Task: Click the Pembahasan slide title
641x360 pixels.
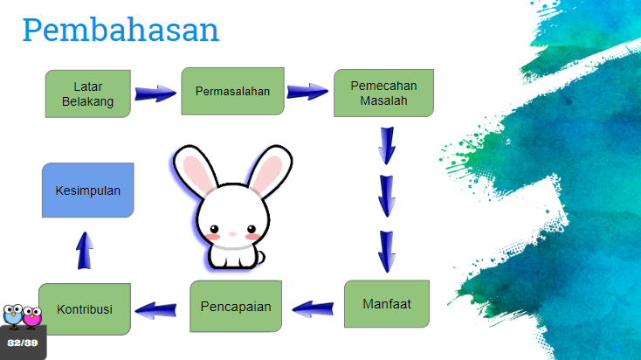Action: (121, 30)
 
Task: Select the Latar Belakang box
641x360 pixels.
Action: (88, 93)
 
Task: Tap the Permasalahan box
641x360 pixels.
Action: (232, 91)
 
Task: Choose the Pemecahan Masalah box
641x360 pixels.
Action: (383, 93)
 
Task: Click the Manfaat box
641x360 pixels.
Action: (387, 304)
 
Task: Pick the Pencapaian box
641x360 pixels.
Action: (236, 306)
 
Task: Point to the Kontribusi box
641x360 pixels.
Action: (85, 309)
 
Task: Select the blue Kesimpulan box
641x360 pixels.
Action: (88, 190)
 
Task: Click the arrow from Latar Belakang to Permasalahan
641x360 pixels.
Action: (155, 93)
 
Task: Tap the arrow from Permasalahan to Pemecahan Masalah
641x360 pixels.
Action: (307, 91)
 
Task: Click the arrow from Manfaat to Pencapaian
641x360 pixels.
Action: (314, 308)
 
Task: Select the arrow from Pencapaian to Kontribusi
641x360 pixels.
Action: (155, 310)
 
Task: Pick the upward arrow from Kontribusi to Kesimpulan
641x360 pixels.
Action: (85, 251)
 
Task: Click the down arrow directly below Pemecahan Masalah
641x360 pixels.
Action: (387, 146)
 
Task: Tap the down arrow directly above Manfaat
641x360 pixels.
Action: (387, 252)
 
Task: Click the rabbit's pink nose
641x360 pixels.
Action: (232, 234)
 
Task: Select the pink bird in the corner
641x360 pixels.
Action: (32, 316)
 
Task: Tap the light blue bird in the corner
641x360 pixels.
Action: (13, 315)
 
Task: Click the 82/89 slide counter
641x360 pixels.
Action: (23, 343)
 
